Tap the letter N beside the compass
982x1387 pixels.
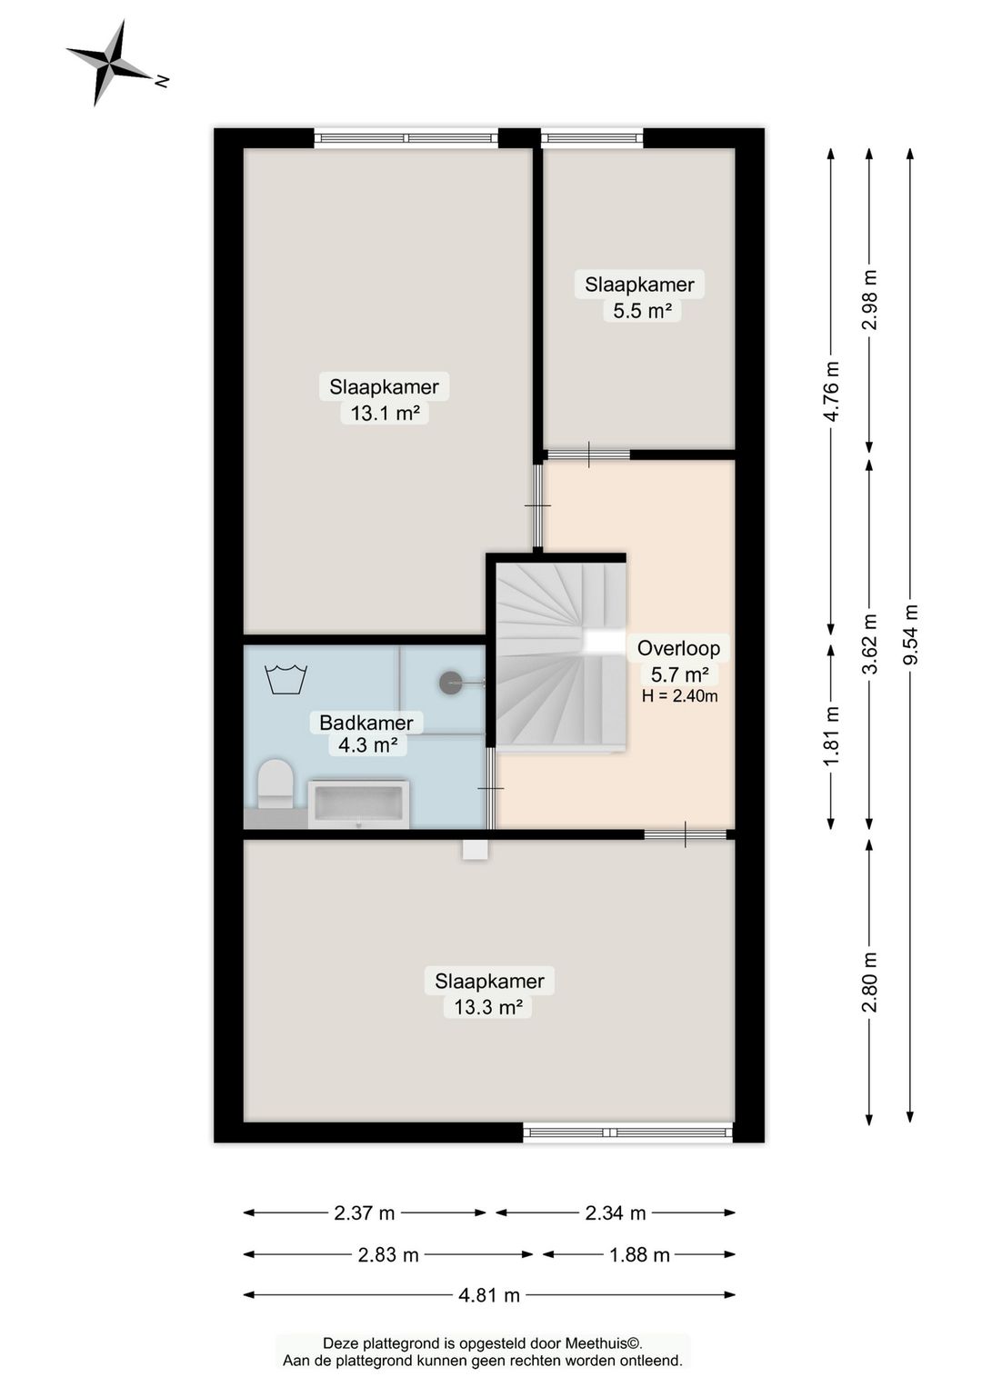pyautogui.click(x=163, y=81)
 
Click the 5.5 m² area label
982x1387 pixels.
pyautogui.click(x=643, y=310)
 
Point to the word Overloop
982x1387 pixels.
pyautogui.click(x=678, y=648)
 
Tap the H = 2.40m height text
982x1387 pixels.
pyautogui.click(x=679, y=696)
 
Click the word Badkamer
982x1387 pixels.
pyautogui.click(x=366, y=723)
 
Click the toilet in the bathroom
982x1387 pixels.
pyautogui.click(x=276, y=783)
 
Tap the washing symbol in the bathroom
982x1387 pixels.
pyautogui.click(x=286, y=679)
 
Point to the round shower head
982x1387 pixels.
pyautogui.click(x=450, y=683)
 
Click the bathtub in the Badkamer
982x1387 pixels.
pyautogui.click(x=359, y=804)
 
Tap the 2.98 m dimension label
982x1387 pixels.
pyautogui.click(x=870, y=300)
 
